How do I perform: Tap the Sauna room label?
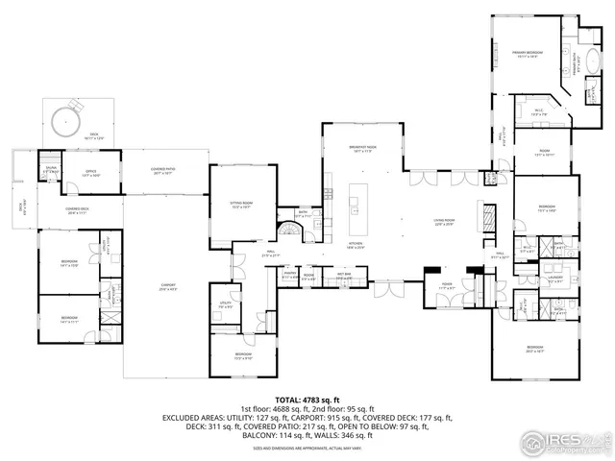click(x=50, y=170)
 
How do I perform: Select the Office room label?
click(x=91, y=174)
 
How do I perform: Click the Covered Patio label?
click(x=160, y=172)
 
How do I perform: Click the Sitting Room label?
click(x=240, y=205)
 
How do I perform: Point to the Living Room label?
click(x=441, y=223)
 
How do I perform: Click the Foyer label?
click(x=447, y=284)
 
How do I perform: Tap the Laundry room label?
click(x=555, y=277)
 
